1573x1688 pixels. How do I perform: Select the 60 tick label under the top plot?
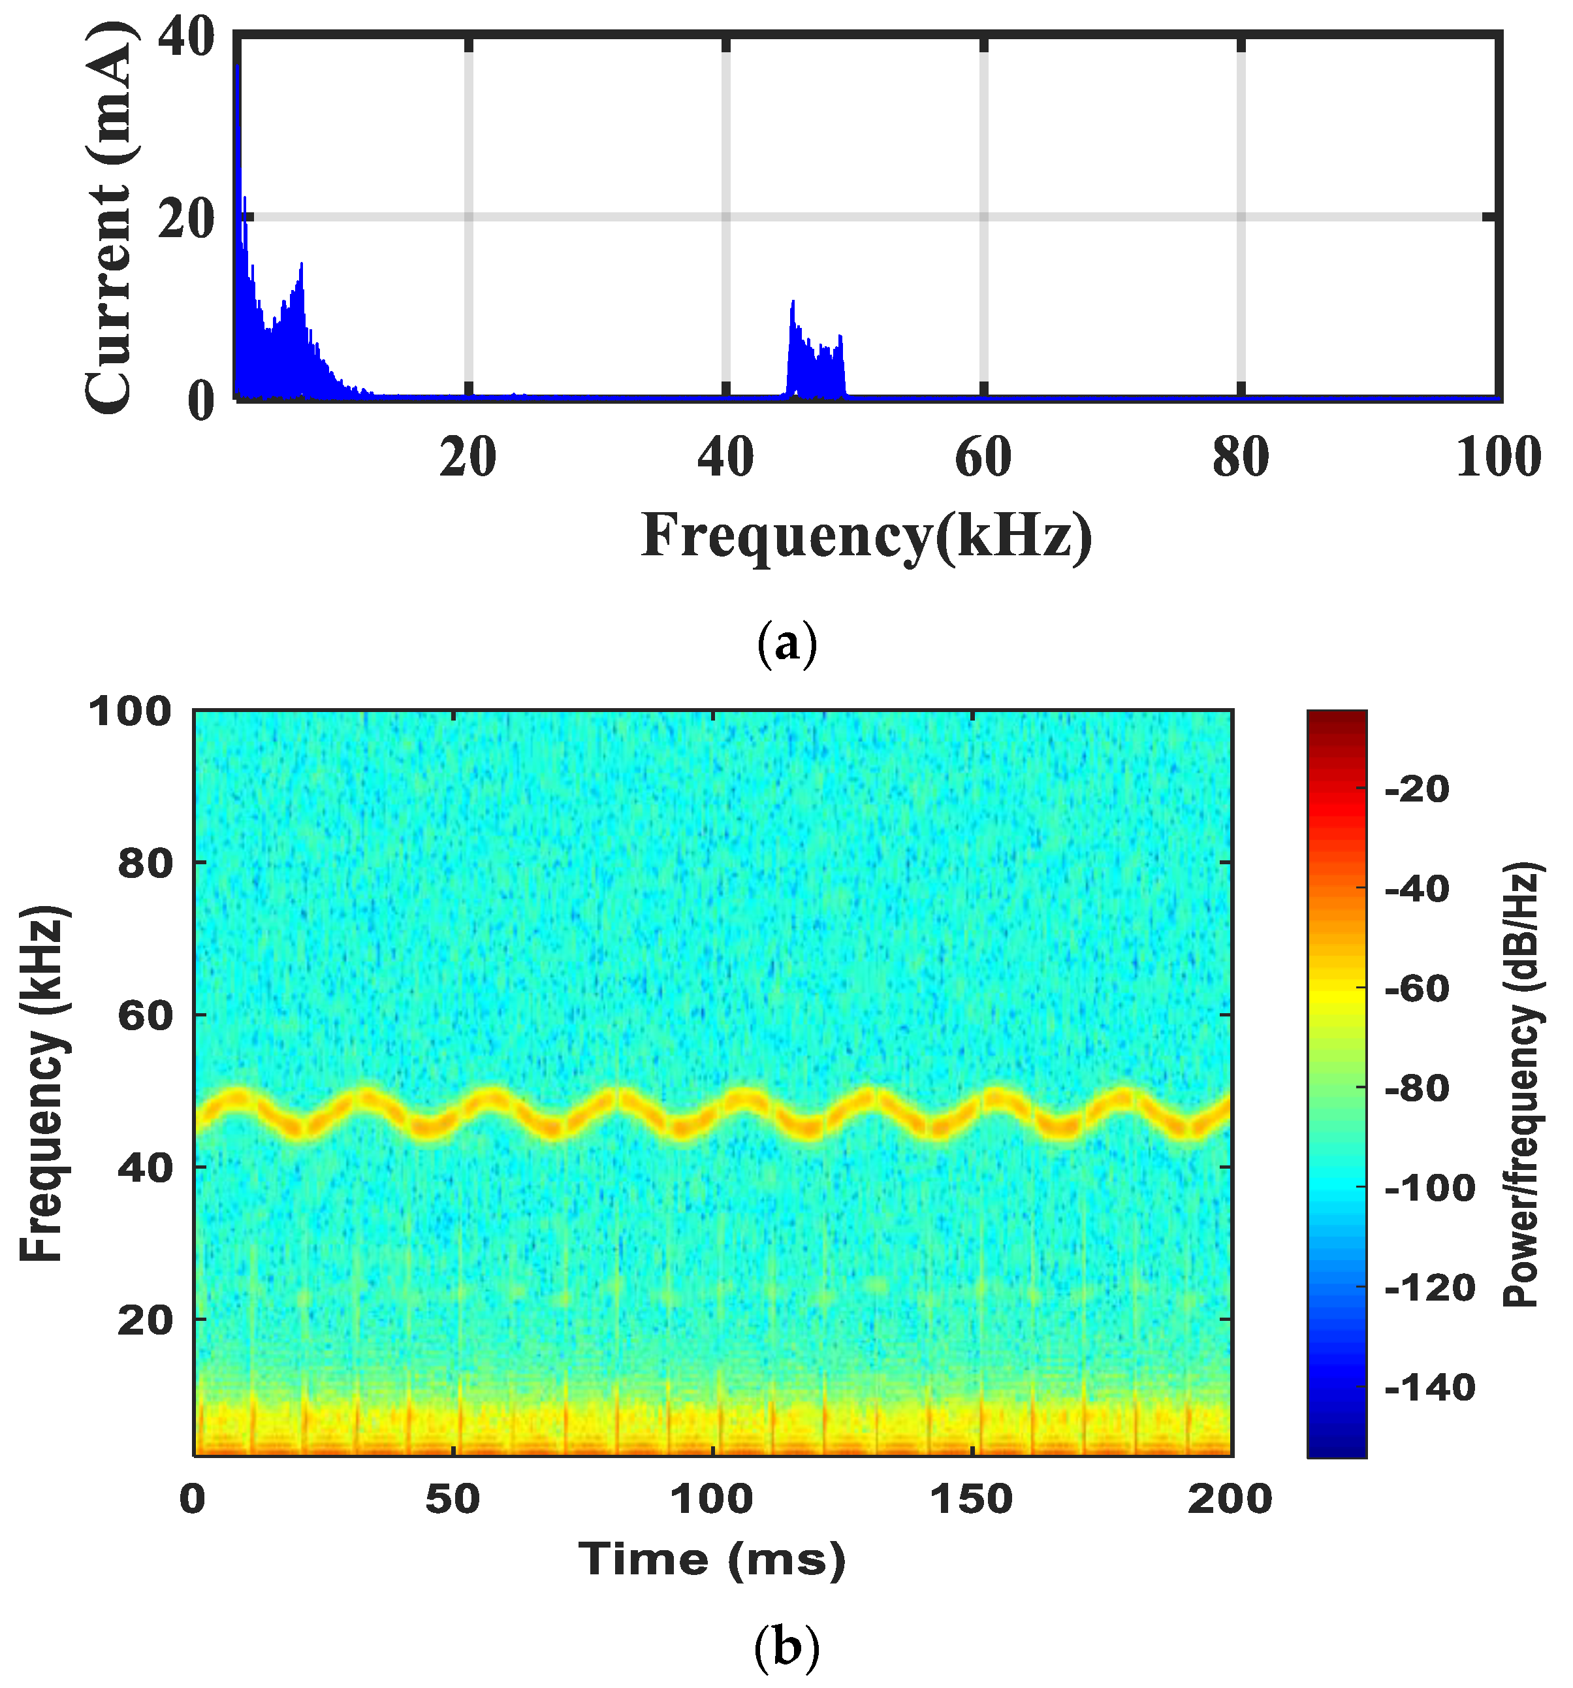coord(983,458)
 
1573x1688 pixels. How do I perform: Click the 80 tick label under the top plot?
coord(1240,458)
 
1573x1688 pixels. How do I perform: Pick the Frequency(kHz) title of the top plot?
coord(866,536)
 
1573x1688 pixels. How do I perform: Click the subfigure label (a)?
coord(786,645)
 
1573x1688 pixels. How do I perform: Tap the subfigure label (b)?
coord(786,1647)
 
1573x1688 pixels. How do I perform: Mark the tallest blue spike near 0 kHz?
coord(238,68)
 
